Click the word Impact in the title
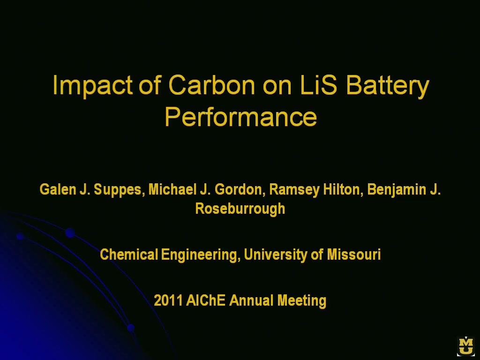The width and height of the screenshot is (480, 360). [92, 86]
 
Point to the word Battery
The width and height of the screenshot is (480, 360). [388, 86]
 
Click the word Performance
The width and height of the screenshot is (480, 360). [240, 117]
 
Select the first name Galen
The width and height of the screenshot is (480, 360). [58, 189]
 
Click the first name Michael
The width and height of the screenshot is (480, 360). [172, 189]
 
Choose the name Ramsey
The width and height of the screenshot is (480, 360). [294, 190]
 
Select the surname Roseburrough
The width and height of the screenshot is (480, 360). [240, 209]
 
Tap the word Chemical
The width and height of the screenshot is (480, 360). [129, 255]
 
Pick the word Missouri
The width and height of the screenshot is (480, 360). [354, 255]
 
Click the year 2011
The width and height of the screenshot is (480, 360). [168, 300]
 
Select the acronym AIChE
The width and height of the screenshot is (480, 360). [205, 300]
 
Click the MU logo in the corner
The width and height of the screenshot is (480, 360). [466, 346]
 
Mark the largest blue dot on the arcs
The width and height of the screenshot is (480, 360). [70, 232]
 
